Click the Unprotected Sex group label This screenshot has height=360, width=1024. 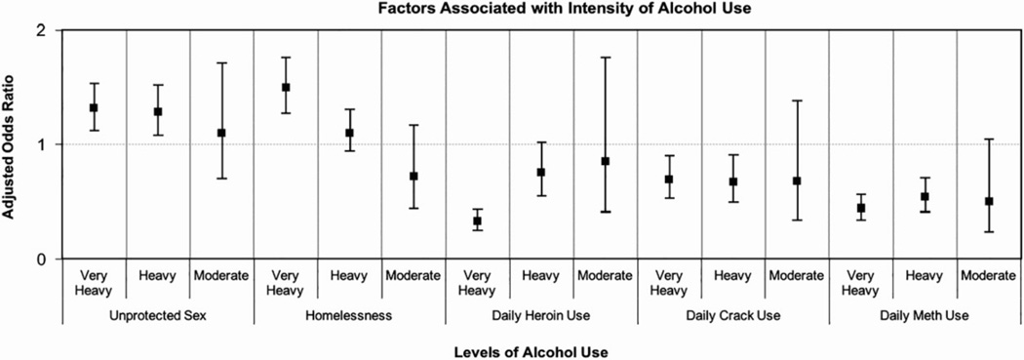coord(157,315)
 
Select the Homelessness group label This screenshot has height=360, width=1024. coord(349,315)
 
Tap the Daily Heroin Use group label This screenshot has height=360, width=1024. coord(541,315)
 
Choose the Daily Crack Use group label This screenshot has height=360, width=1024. coord(732,315)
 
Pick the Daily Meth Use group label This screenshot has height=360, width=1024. coord(925,315)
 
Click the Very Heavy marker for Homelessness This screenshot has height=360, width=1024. coord(286,87)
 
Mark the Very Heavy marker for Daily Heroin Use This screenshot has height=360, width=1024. coord(477,221)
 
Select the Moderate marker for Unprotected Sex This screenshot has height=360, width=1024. coord(221,133)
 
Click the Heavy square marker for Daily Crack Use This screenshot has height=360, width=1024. coord(732,181)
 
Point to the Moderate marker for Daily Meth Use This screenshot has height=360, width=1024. coord(989,201)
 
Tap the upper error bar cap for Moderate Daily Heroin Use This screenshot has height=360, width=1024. coord(605,58)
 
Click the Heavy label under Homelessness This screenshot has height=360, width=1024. coord(349,276)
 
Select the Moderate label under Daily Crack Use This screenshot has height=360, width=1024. coord(797,276)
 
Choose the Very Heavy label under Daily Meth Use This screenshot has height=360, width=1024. coord(860,283)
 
